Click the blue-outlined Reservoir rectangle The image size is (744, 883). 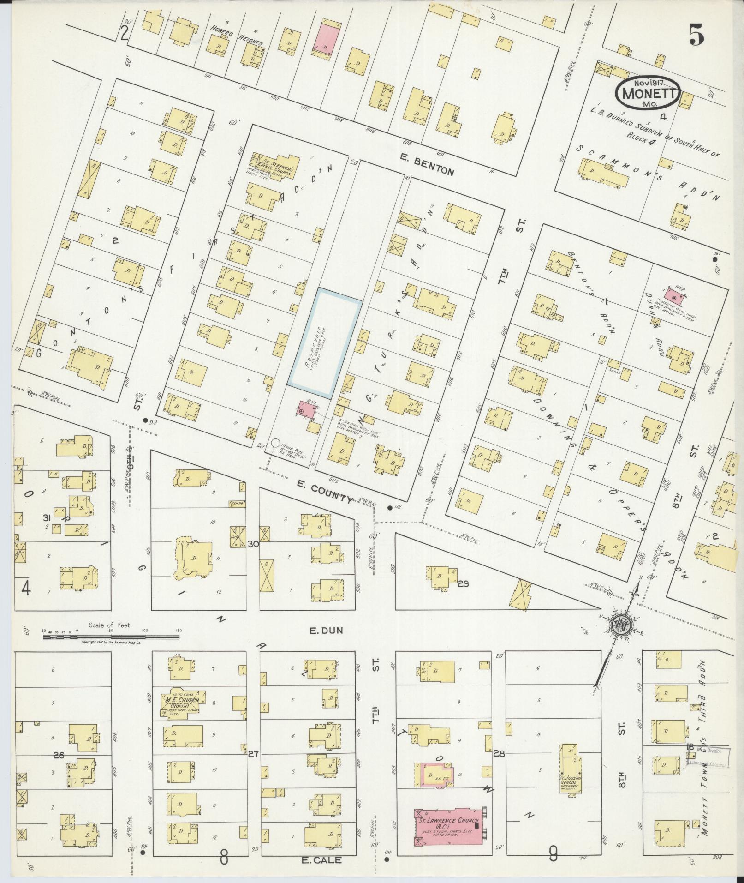pos(324,343)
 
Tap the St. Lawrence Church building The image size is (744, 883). pos(450,826)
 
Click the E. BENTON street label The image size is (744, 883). pos(427,171)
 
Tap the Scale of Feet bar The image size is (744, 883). pos(111,637)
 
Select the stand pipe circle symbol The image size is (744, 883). pos(275,443)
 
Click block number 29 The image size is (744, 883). pos(464,584)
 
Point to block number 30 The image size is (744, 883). pos(253,545)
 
